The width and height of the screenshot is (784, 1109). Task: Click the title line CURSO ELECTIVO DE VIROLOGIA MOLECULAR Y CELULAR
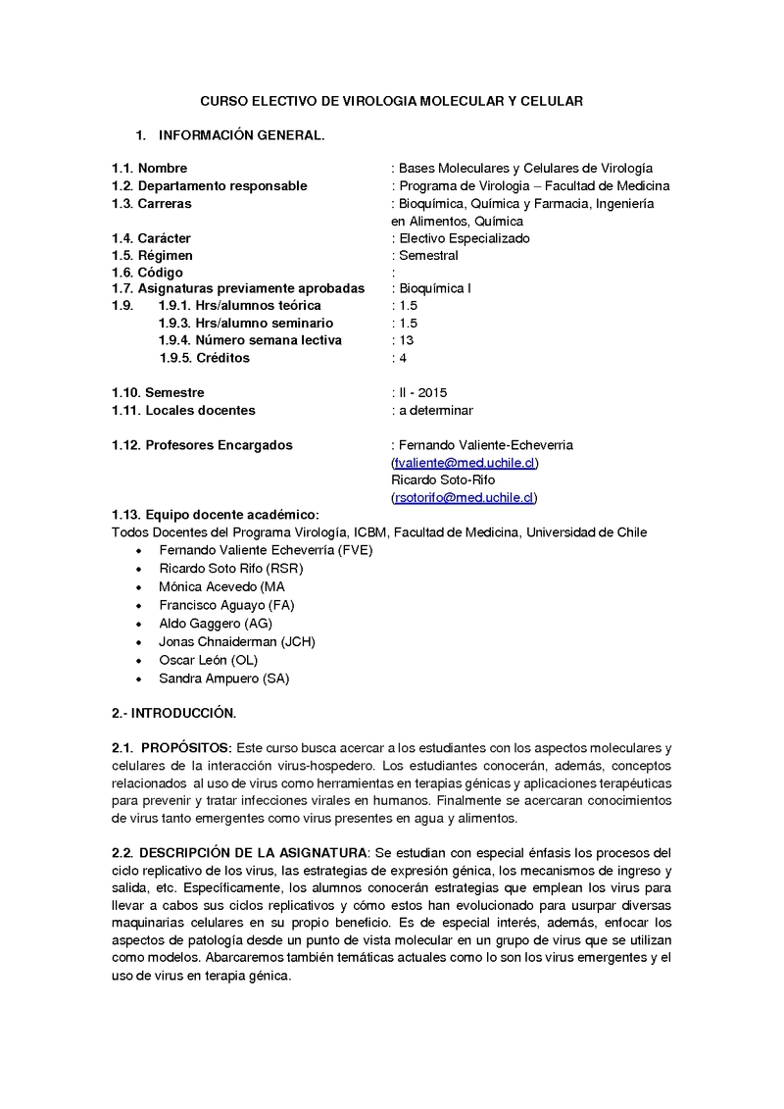(391, 101)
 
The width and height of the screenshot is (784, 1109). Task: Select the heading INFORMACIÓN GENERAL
(241, 135)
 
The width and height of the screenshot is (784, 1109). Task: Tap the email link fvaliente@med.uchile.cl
(465, 463)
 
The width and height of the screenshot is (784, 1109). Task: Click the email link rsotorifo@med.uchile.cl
(465, 498)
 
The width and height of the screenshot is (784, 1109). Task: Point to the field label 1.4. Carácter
(151, 238)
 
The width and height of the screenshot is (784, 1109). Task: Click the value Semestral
(428, 256)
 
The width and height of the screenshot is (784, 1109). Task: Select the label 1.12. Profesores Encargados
(202, 445)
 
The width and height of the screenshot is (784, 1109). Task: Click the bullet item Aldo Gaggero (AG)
(216, 624)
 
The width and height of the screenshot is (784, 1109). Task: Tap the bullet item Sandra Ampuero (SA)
(224, 678)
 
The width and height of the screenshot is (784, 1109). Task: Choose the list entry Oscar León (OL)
(208, 660)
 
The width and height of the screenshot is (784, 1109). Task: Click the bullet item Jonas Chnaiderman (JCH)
(237, 641)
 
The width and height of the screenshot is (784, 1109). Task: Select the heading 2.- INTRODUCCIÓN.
(173, 712)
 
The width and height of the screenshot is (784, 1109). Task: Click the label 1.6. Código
(147, 273)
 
